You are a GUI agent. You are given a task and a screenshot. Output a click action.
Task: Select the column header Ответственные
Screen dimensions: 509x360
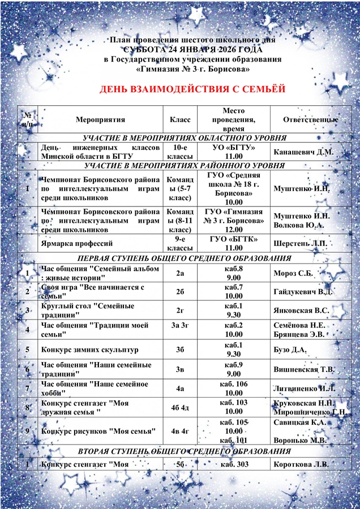click(310, 120)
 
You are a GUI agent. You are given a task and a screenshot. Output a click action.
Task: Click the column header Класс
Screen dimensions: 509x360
click(180, 120)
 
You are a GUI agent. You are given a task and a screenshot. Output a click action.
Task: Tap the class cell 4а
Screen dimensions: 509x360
click(180, 389)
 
